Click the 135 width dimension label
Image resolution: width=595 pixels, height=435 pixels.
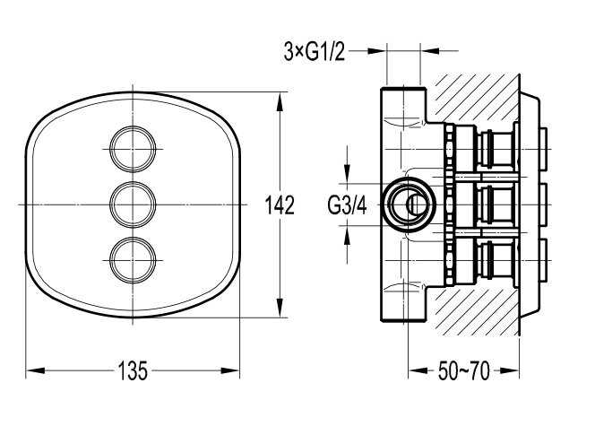(133, 370)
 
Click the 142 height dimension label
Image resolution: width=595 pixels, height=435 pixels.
(280, 204)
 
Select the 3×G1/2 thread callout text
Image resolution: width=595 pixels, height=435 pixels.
(315, 51)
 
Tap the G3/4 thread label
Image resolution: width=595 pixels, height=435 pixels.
(347, 206)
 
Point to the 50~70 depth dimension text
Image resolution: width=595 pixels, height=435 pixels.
(463, 370)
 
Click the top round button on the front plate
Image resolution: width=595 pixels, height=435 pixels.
(133, 149)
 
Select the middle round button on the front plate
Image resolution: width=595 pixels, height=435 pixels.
(133, 204)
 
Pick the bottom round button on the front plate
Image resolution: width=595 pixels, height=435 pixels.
(133, 260)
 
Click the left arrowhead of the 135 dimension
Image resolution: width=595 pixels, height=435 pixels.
(35, 370)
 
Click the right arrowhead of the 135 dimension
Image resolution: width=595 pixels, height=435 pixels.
(230, 370)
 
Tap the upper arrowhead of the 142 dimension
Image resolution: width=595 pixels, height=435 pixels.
(280, 101)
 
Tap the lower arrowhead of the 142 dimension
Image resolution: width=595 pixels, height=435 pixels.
(280, 308)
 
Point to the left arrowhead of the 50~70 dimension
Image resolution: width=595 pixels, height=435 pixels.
(418, 370)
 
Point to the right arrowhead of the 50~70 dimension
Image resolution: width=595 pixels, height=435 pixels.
(510, 370)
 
